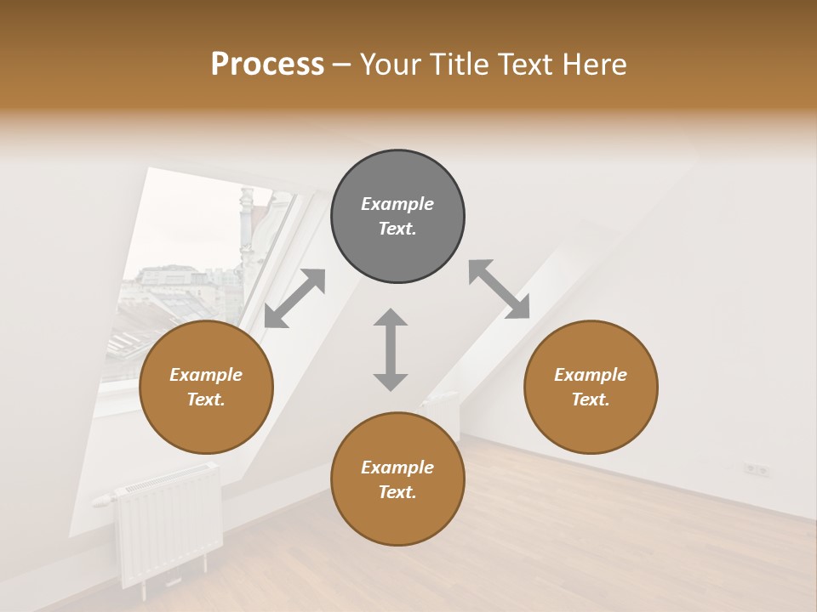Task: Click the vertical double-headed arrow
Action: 391,349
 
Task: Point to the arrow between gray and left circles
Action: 294,298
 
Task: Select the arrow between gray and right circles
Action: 499,290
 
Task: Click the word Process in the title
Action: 267,64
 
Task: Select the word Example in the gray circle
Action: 397,204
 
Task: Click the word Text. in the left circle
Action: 206,399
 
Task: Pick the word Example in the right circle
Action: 591,375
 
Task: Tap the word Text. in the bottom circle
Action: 397,492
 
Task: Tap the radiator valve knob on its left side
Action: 101,500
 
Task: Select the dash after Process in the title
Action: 341,65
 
